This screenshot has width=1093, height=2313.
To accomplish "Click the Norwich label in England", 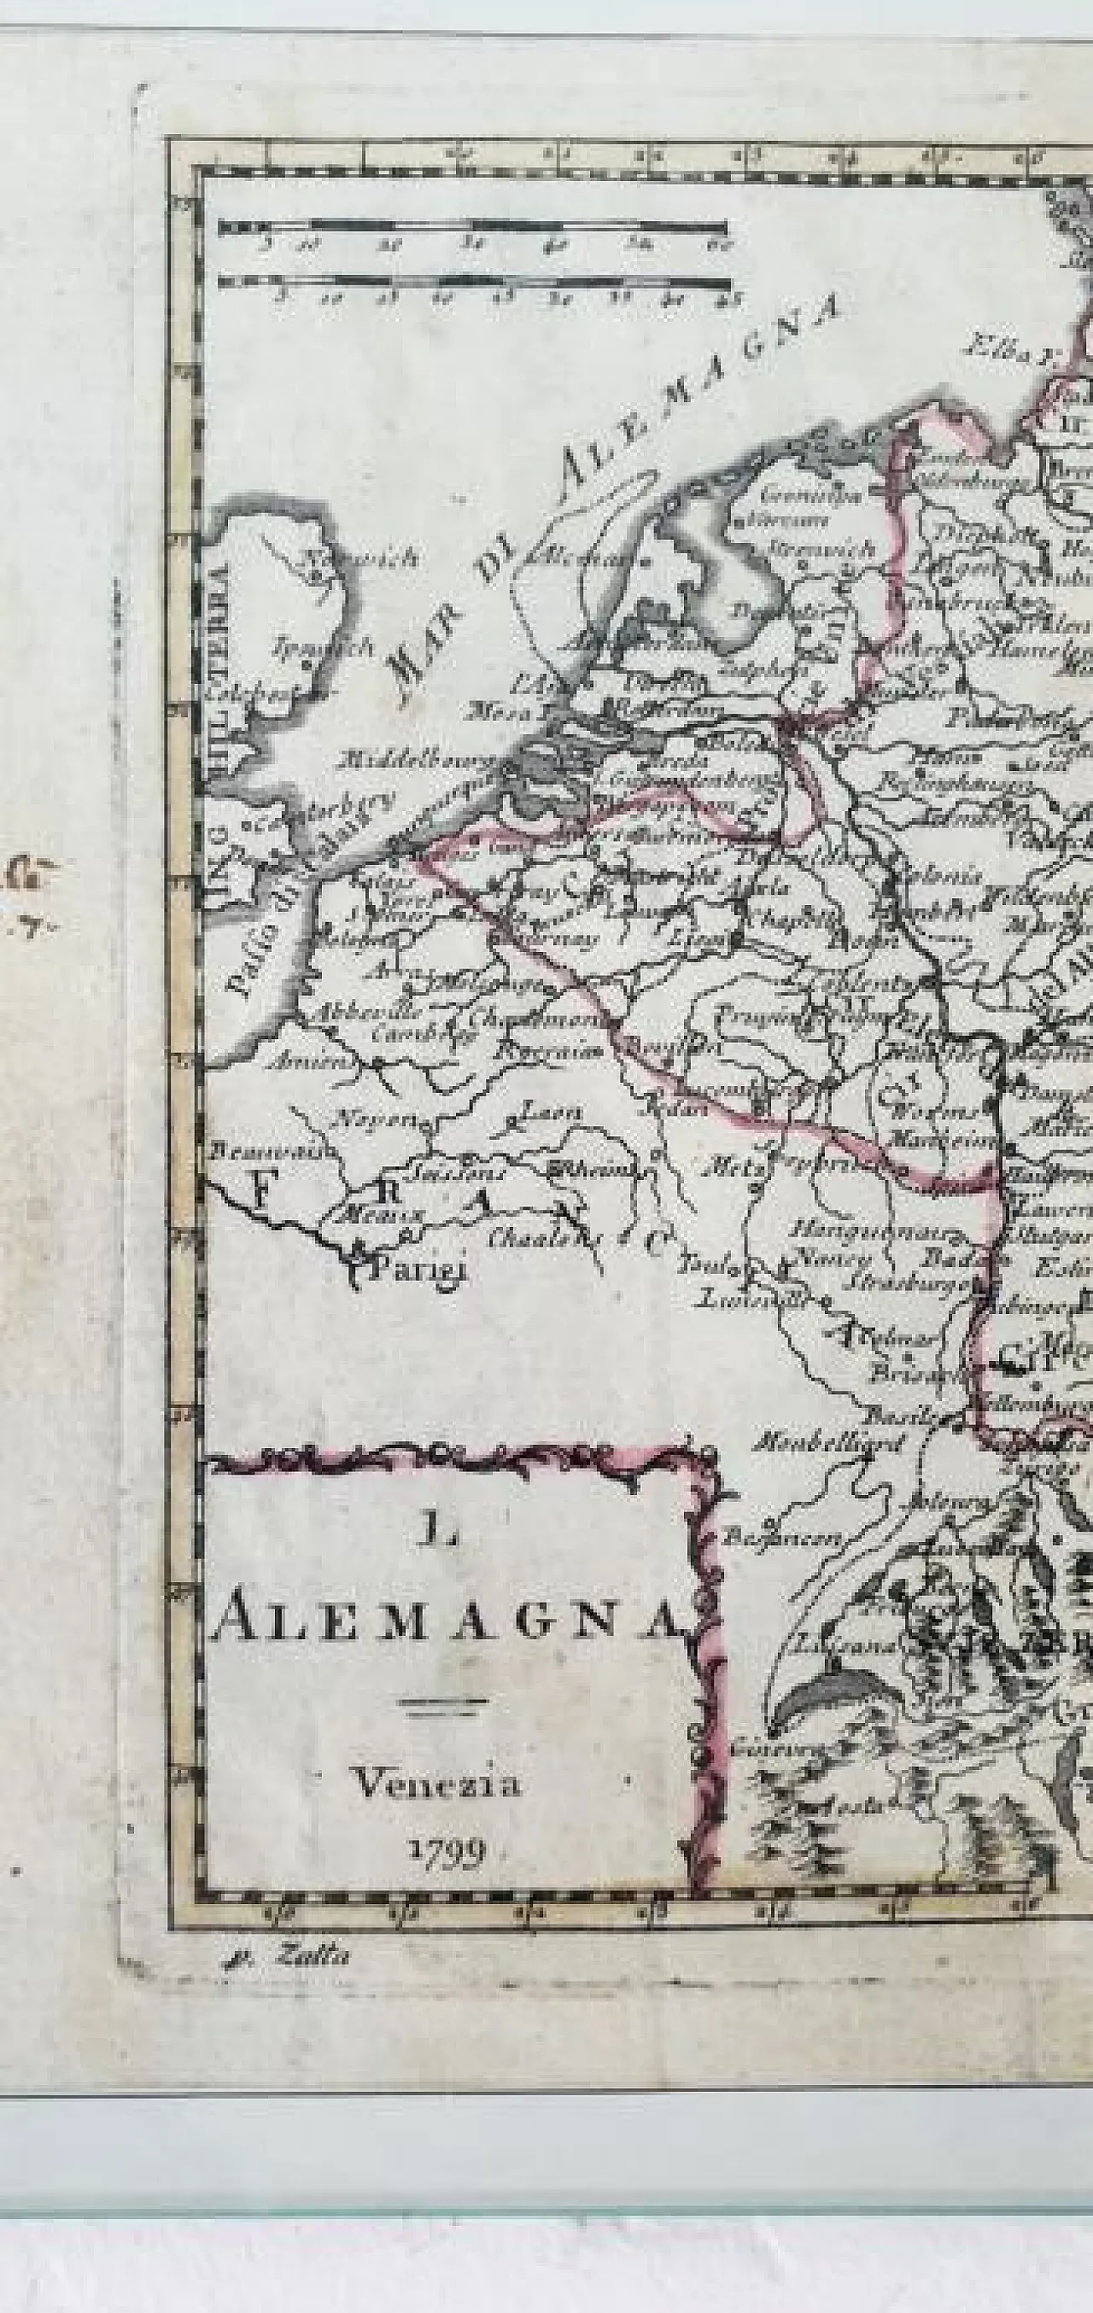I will coord(359,558).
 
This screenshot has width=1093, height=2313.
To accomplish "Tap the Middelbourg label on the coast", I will coord(418,762).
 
